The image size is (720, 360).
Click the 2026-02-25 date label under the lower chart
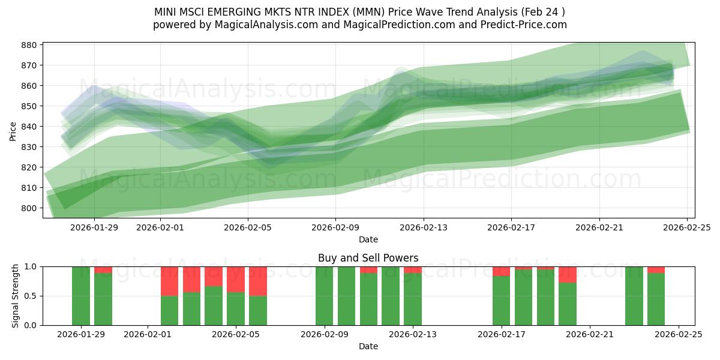tap(678, 335)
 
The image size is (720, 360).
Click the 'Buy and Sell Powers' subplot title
tap(368, 258)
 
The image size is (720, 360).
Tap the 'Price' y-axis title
tap(13, 130)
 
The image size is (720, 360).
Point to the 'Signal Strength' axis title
tap(16, 296)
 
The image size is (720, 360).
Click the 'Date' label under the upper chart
tap(368, 239)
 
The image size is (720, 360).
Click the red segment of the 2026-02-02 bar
tap(170, 281)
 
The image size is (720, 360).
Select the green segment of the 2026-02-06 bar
tap(258, 310)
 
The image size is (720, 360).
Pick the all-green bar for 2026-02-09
tap(324, 296)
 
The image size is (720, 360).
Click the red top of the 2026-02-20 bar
tap(567, 274)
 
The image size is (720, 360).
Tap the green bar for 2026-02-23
tap(634, 296)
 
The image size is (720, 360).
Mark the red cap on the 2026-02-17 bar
tap(501, 271)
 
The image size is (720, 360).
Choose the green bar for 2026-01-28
tap(81, 296)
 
